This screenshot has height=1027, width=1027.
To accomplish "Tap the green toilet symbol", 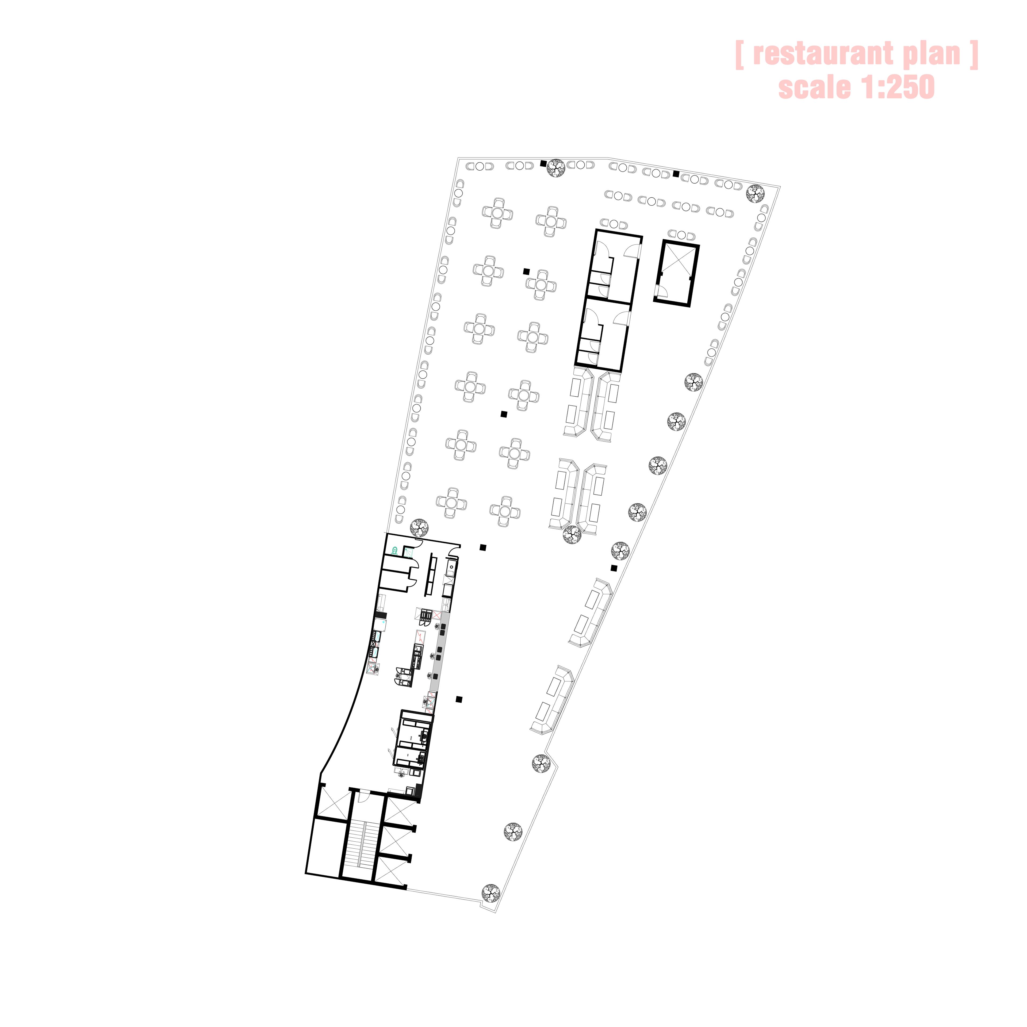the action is (394, 551).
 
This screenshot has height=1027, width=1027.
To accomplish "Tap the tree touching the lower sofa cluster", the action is (572, 535).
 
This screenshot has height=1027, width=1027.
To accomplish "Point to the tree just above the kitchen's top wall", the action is (419, 528).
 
